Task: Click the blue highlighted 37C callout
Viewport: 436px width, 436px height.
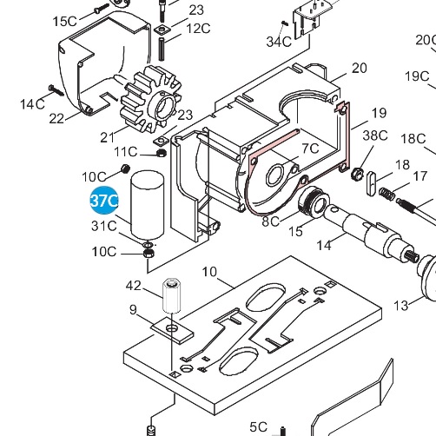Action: pyautogui.click(x=104, y=201)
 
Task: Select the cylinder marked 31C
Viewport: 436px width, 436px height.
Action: pyautogui.click(x=147, y=204)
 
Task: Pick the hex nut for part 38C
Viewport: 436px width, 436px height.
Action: pyautogui.click(x=356, y=171)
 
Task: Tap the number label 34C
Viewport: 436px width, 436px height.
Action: pyautogui.click(x=279, y=41)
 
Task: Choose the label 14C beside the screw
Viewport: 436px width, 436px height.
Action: pyautogui.click(x=33, y=104)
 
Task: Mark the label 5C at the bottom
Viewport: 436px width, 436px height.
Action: pyautogui.click(x=259, y=426)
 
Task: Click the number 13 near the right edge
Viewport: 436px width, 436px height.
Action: pyautogui.click(x=401, y=305)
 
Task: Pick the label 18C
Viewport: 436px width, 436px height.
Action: pyautogui.click(x=413, y=139)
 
